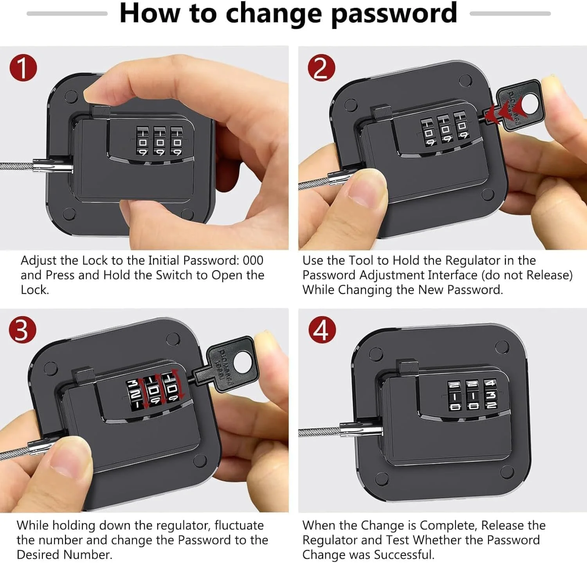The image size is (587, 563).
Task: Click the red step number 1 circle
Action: [23, 67]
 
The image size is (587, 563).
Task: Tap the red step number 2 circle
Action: [321, 67]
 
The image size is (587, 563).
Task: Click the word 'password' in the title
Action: [394, 14]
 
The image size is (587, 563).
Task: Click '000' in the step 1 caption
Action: [253, 260]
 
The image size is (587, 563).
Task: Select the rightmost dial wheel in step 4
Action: [490, 394]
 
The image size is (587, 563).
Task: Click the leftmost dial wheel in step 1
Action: [142, 141]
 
